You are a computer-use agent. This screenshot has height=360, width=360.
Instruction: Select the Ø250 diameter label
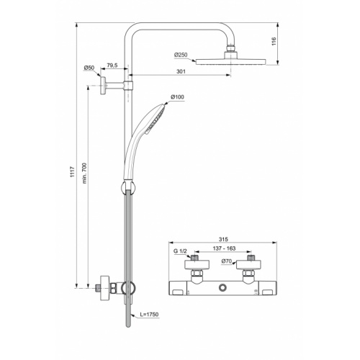pyautogui.click(x=181, y=55)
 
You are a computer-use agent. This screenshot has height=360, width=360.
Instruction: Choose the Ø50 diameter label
pyautogui.click(x=89, y=68)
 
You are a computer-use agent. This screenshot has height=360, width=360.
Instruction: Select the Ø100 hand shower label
pyautogui.click(x=178, y=97)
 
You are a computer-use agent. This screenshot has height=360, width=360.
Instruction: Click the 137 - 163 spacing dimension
pyautogui.click(x=221, y=251)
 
